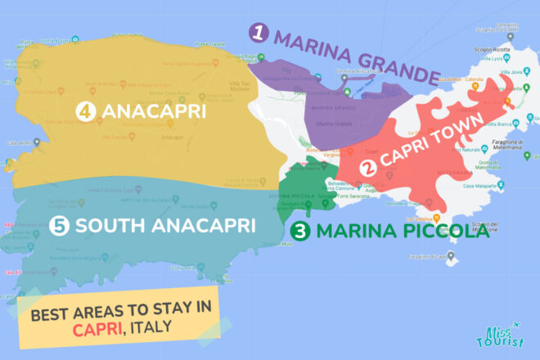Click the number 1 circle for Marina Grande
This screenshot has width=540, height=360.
pos(259,34)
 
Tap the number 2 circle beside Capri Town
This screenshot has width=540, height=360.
pos(369,169)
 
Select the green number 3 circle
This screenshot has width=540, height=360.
pos(300,232)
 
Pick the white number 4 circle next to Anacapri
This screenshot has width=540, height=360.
pos(83,110)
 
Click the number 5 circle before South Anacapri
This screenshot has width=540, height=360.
pos(57,225)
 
